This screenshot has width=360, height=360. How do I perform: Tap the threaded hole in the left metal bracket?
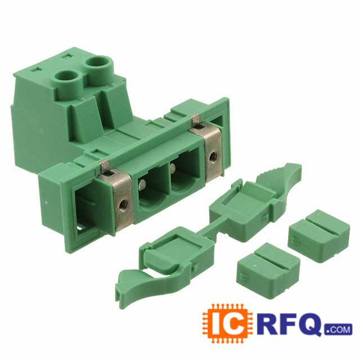click(x=123, y=202)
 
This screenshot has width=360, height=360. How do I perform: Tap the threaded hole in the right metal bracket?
click(x=213, y=156)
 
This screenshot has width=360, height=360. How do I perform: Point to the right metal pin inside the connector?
click(x=173, y=168)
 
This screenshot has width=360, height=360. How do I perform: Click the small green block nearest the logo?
click(x=268, y=270)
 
